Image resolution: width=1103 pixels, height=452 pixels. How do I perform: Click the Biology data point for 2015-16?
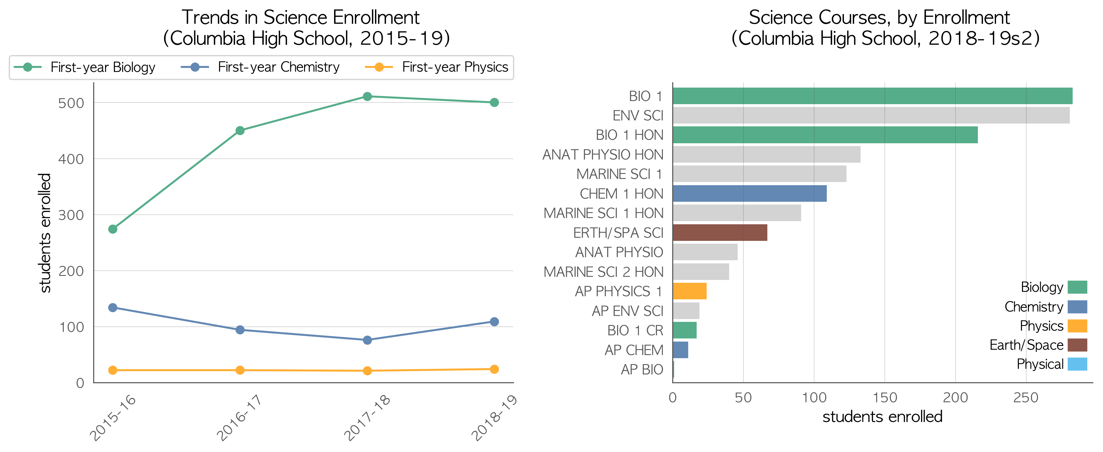pos(113,229)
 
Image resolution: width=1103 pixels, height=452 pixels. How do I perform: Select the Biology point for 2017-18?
pos(367,96)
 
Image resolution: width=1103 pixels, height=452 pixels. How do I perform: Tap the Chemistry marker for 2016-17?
pos(240,330)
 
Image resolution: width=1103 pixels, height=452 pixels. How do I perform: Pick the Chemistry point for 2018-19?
pos(494,322)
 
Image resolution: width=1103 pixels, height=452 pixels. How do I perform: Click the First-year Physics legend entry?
pos(437,67)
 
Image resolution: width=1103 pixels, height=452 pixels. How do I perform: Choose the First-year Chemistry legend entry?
pos(260,67)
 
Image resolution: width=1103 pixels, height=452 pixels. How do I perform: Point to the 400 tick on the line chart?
pos(71,159)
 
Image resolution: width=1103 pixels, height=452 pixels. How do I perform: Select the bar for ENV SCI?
pos(871,115)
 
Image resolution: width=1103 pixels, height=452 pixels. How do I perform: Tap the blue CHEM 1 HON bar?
pos(750,194)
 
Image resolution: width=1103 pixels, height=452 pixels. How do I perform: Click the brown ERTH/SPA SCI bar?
pos(720,232)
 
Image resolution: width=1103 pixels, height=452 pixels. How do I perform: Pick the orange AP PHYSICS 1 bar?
pos(689,291)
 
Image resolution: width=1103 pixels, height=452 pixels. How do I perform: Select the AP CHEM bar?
pos(680,350)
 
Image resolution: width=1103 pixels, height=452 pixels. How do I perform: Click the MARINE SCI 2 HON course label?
pos(603,272)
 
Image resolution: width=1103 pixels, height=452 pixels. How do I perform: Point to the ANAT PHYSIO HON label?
pos(603,155)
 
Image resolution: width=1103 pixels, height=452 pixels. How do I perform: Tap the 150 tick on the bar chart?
pos(885,398)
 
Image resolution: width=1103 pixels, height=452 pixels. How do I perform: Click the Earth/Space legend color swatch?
pos(1077,345)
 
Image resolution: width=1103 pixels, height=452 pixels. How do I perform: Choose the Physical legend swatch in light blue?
pos(1077,364)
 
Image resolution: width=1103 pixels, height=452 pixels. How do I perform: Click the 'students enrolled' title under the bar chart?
pos(882,416)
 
